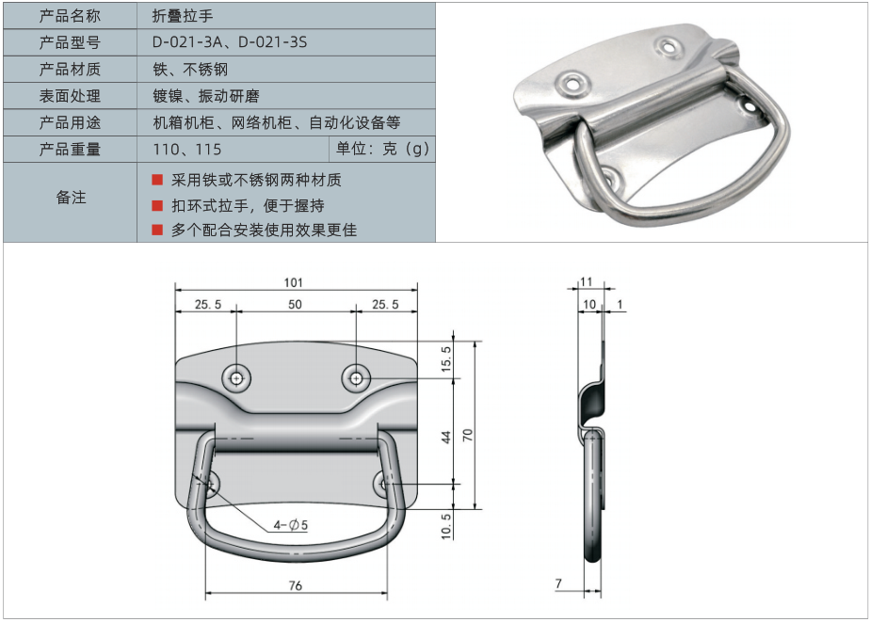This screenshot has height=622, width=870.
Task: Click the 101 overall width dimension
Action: click(x=294, y=282)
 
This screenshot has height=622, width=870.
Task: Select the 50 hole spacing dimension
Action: click(x=296, y=304)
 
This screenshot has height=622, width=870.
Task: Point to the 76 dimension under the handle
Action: click(x=296, y=585)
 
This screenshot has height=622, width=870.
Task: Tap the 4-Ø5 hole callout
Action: click(x=291, y=524)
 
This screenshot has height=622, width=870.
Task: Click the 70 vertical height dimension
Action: click(x=468, y=435)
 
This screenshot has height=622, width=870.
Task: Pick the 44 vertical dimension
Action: click(x=446, y=438)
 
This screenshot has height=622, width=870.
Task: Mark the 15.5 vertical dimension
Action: click(x=446, y=359)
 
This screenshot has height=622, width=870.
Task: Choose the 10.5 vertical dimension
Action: click(x=446, y=526)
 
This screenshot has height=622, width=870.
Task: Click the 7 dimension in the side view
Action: click(x=558, y=583)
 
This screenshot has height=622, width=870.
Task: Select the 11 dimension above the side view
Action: click(x=587, y=282)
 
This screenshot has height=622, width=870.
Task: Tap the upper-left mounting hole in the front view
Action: click(x=237, y=379)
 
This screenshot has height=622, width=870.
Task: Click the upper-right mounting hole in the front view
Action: click(x=356, y=378)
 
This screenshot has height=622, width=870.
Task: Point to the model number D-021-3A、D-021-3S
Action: click(x=230, y=42)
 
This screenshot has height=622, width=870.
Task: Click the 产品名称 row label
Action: click(x=70, y=16)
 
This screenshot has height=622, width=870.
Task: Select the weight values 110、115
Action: click(x=187, y=149)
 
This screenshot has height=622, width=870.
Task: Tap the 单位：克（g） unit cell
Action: click(x=383, y=149)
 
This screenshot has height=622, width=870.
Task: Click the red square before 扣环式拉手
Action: click(x=157, y=205)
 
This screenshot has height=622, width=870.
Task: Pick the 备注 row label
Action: click(x=71, y=198)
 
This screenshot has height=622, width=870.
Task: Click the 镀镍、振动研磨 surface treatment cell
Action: click(x=206, y=96)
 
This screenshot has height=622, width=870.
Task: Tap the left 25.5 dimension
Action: click(x=208, y=304)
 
